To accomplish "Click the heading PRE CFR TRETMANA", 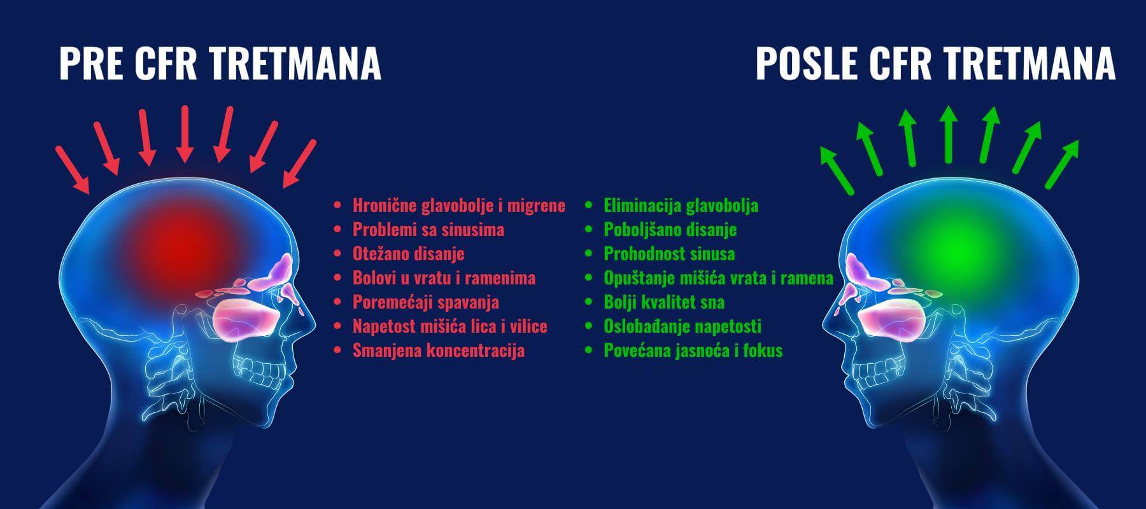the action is click(220, 64).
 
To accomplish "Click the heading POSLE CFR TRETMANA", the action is click(935, 64).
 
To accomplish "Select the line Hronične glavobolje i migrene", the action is click(459, 206).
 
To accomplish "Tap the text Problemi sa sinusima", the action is click(428, 229).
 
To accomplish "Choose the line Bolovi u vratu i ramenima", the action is click(444, 277).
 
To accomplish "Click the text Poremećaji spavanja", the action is click(426, 302).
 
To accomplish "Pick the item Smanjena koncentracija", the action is click(439, 350).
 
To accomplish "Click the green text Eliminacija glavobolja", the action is click(681, 206).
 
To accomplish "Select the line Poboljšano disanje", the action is click(670, 229).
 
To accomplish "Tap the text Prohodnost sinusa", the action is click(669, 253).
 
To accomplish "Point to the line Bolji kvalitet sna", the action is click(664, 302).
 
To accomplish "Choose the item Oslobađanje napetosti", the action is click(683, 326).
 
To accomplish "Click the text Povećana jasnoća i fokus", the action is click(693, 350).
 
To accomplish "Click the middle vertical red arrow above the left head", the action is click(185, 134).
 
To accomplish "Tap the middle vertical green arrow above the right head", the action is click(949, 133).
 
